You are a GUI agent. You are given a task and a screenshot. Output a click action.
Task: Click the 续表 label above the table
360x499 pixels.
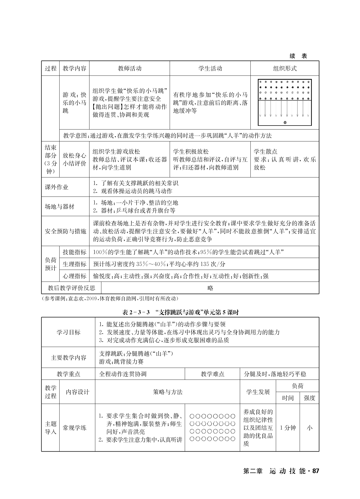[x=298, y=56]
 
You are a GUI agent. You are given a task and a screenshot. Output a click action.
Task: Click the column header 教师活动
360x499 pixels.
[x=129, y=69]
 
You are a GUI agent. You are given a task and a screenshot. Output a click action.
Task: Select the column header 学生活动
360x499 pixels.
[x=210, y=69]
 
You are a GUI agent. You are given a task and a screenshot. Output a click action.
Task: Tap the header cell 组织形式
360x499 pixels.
[x=285, y=69]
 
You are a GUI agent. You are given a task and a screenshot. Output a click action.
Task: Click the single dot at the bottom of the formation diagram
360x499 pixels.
[x=285, y=123]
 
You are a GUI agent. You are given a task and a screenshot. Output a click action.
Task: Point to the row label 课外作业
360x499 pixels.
[x=57, y=187]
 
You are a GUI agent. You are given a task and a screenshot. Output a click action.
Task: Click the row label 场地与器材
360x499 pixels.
[x=60, y=207]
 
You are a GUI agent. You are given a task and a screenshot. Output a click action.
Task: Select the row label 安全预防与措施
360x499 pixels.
[x=65, y=231]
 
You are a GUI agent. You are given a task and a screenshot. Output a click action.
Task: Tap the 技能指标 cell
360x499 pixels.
[x=74, y=252]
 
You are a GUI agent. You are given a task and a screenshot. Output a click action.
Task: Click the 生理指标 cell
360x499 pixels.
[x=74, y=264]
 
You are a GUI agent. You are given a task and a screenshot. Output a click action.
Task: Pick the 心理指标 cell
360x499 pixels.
[x=74, y=276]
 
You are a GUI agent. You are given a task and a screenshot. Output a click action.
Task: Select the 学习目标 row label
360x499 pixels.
[x=68, y=332]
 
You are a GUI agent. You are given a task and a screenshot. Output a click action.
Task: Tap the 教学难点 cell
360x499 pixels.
[x=212, y=374]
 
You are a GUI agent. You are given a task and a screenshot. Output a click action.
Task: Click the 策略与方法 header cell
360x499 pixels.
[x=168, y=392]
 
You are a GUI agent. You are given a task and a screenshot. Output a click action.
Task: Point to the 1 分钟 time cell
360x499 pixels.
[x=288, y=428]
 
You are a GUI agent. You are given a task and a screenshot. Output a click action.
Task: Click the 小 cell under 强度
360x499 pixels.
[x=309, y=428]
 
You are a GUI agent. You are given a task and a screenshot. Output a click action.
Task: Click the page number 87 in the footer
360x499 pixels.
[x=316, y=471]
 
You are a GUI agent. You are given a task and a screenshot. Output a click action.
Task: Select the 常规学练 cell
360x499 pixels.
[x=74, y=428]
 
